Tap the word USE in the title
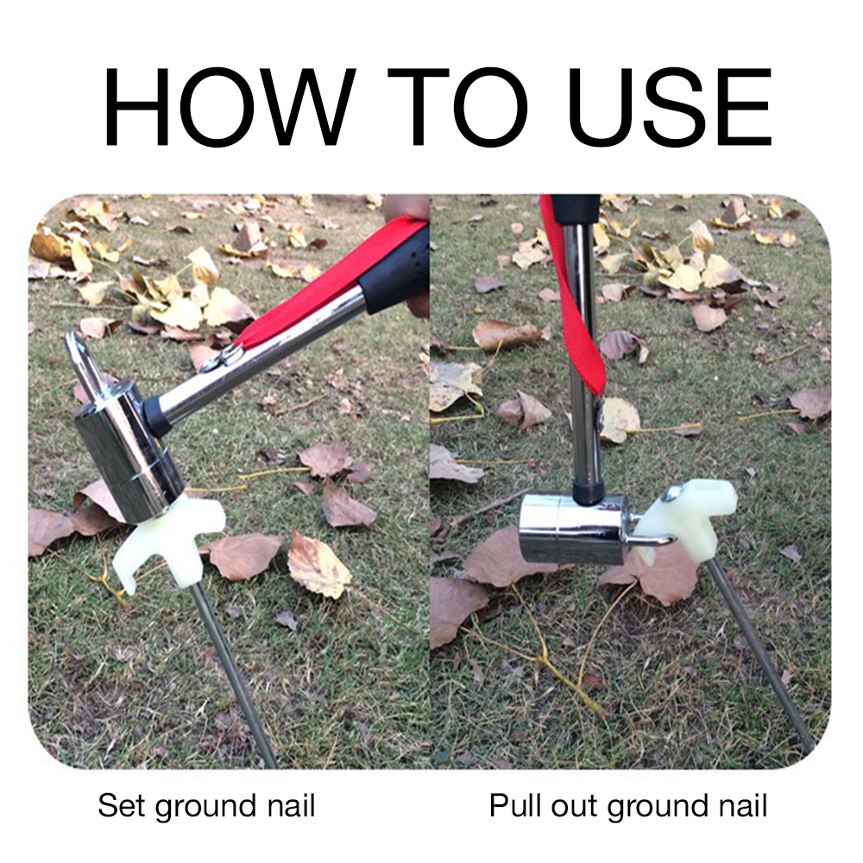pyautogui.click(x=670, y=107)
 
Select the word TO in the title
pyautogui.click(x=457, y=107)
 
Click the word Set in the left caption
pyautogui.click(x=123, y=806)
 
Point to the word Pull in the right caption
pyautogui.click(x=516, y=806)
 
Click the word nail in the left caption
pyautogui.click(x=291, y=806)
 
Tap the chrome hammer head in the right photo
pyautogui.click(x=572, y=529)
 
